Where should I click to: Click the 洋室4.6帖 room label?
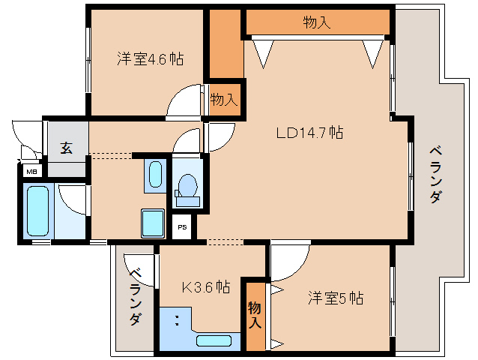pos(150,58)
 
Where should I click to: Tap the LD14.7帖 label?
pos(309,133)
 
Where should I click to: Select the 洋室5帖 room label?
pos(335,298)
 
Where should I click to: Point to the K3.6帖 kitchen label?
pos(206,286)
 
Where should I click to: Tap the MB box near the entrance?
pos(31,172)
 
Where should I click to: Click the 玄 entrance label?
pos(67,148)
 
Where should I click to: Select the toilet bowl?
pos(187,185)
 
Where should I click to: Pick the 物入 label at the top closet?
pos(317,22)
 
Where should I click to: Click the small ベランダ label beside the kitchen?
pos(135,298)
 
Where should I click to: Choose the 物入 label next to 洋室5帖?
pos(255,315)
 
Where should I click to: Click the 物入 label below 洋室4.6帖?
pos(224,99)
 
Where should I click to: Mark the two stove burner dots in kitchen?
pos(177,321)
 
